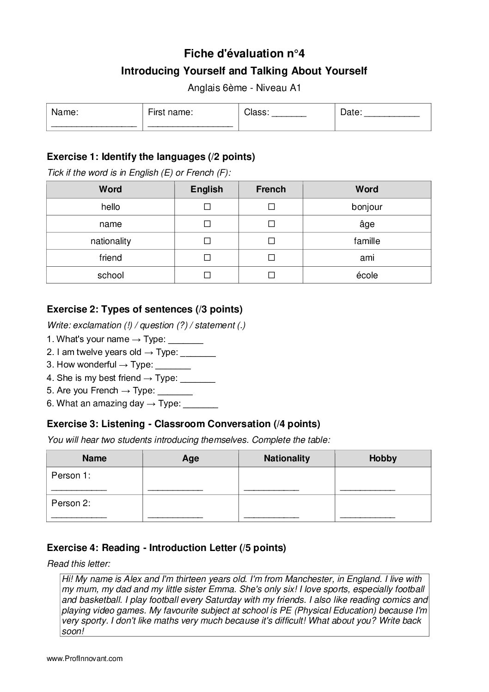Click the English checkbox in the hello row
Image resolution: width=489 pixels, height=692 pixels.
point(207,207)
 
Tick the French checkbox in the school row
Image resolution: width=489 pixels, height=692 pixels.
point(271,275)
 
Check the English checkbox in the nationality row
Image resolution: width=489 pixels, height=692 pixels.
point(207,241)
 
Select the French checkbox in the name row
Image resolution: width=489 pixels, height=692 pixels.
point(271,224)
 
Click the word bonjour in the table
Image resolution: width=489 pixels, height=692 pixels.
point(367,207)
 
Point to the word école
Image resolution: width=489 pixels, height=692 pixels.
point(367,275)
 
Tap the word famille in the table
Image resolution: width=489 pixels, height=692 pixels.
point(367,241)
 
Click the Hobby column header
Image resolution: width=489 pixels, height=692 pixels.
point(383,458)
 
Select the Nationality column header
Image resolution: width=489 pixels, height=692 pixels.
point(287,458)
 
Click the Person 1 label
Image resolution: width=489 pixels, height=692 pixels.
point(71,475)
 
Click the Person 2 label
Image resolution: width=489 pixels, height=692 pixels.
point(71,503)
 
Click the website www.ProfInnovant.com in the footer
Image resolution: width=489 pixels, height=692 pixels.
point(85,658)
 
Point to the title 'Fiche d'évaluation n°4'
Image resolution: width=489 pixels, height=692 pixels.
point(244,54)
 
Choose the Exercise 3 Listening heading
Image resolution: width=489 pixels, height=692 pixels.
point(183,424)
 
